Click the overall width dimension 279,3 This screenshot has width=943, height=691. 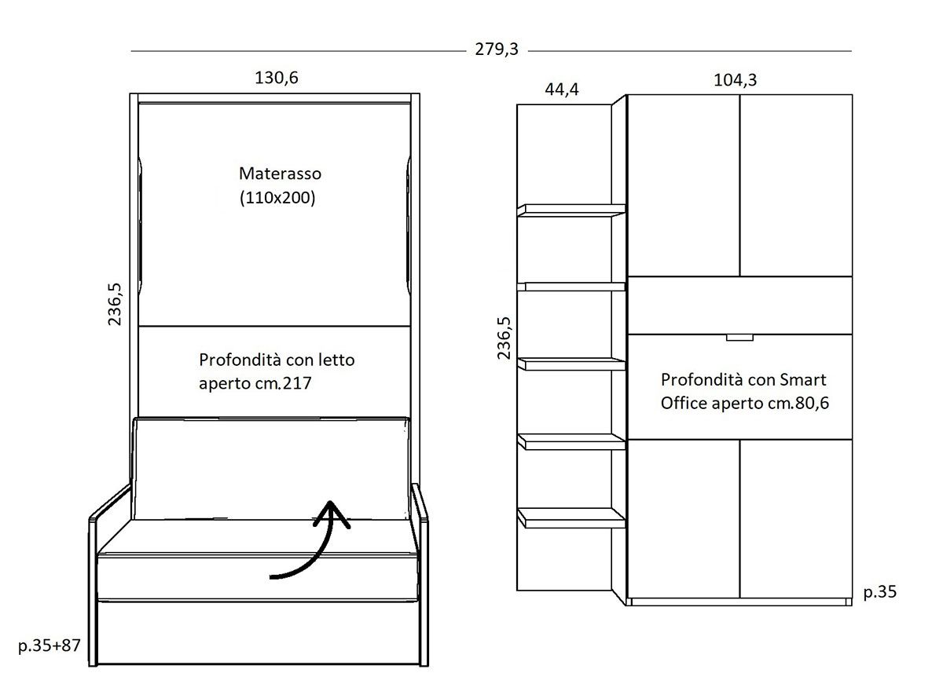point(497,49)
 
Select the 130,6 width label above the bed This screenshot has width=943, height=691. point(276,78)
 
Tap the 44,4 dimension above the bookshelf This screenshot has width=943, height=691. point(562,90)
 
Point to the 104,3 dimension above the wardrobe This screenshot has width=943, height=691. point(735,80)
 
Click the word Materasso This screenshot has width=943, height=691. point(280,174)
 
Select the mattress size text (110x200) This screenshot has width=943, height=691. point(277,198)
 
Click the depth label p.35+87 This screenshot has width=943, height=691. point(50,645)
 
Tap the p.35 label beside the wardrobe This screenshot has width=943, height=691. point(880,592)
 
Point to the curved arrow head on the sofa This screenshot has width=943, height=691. point(332,514)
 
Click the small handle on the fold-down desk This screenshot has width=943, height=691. point(739,338)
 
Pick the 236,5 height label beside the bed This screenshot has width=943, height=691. point(115,304)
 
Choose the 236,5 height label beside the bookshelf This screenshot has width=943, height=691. point(504,338)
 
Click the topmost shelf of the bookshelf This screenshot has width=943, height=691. point(571,210)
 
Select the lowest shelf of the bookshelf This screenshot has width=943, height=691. point(571,517)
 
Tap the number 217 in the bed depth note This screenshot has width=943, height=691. point(297,383)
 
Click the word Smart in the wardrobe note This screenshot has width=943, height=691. point(803,380)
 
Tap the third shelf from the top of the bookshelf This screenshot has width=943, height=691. point(571,364)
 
